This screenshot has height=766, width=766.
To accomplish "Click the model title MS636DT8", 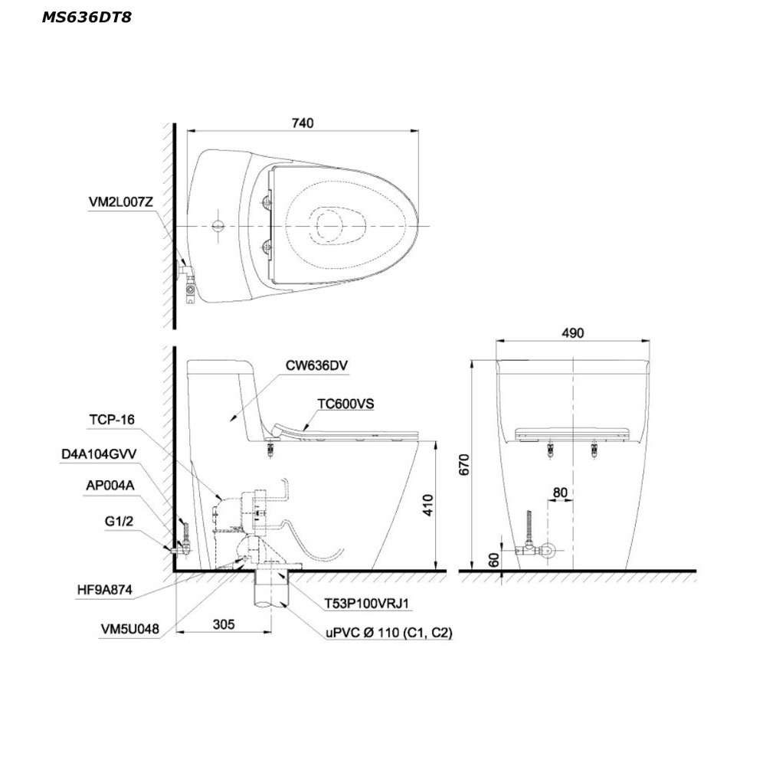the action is pos(87,18).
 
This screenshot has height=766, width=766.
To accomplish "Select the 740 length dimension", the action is pos(303,123).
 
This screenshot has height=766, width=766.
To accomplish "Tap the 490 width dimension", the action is pos(572,333).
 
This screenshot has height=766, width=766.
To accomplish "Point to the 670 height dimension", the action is pos(464,464).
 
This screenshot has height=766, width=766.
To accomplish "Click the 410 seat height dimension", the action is pos(428,505).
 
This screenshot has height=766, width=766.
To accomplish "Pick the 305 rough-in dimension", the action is pos(224,624).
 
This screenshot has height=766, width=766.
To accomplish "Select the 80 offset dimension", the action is pos(560,493).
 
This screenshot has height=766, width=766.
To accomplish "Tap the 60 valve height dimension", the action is pos(494,560).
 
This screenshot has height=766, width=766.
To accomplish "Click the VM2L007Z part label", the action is pos(121,202).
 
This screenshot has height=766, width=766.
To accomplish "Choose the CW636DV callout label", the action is pos(316,365).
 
